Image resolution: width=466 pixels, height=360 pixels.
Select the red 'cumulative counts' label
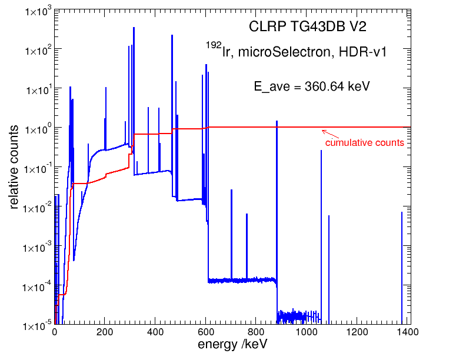pos(364,143)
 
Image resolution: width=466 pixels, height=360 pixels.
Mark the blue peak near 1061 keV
pos(321,235)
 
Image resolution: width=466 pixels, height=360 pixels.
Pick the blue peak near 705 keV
pos(232,235)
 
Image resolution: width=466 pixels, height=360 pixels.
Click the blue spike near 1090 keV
pos(328,265)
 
